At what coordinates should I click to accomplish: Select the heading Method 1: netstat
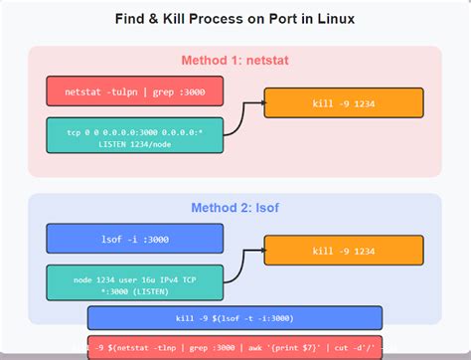(x=235, y=61)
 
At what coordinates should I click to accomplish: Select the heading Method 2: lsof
(x=235, y=208)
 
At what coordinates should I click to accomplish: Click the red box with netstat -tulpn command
(x=134, y=91)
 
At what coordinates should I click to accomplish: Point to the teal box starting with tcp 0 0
(x=134, y=136)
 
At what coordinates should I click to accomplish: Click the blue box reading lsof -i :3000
(x=134, y=239)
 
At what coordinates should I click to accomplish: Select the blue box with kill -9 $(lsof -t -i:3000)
(x=235, y=318)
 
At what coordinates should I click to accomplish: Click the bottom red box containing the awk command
(x=235, y=347)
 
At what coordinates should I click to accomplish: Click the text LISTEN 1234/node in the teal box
(x=134, y=143)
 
